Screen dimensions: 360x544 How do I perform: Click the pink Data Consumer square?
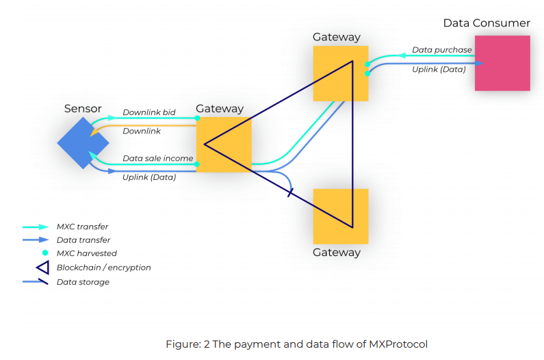502,63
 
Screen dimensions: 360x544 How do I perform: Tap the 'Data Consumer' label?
487,23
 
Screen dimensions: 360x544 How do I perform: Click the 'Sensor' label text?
83,109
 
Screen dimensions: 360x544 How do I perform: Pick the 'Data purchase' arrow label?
441,50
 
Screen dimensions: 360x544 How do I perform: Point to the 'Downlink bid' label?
149,112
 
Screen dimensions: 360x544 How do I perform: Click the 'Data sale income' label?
157,159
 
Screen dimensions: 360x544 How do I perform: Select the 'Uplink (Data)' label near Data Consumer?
439,70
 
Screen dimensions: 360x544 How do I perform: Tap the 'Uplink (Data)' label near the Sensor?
149,178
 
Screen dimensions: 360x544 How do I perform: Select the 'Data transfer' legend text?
83,240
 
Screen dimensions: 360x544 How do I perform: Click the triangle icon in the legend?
42,268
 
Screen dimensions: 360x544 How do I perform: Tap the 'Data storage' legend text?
83,282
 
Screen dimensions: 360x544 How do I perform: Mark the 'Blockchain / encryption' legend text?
103,268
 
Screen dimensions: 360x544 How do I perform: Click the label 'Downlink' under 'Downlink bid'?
142,131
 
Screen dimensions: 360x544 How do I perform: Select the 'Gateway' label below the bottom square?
337,253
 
